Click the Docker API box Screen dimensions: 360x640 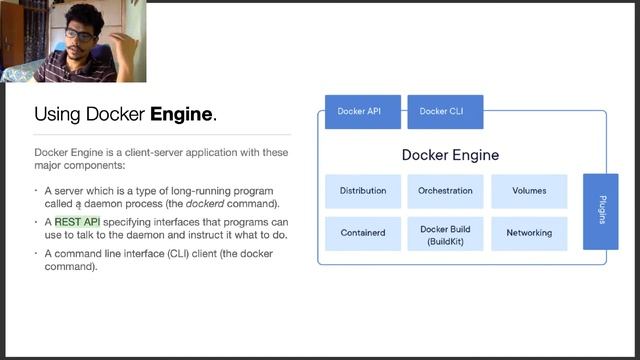(362, 111)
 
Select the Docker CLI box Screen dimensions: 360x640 (445, 111)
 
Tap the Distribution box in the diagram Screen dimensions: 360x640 (362, 190)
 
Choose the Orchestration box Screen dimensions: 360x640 (445, 190)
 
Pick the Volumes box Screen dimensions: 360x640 (529, 190)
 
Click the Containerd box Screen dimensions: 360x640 (362, 233)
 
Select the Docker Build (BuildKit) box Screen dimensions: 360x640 (445, 234)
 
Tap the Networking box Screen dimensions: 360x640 (529, 233)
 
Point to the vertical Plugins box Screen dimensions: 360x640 (601, 210)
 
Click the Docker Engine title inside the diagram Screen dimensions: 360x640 (450, 155)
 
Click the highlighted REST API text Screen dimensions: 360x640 (77, 222)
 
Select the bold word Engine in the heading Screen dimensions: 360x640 (181, 114)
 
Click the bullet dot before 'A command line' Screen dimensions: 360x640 (37, 254)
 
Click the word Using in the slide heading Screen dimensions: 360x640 (56, 115)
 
